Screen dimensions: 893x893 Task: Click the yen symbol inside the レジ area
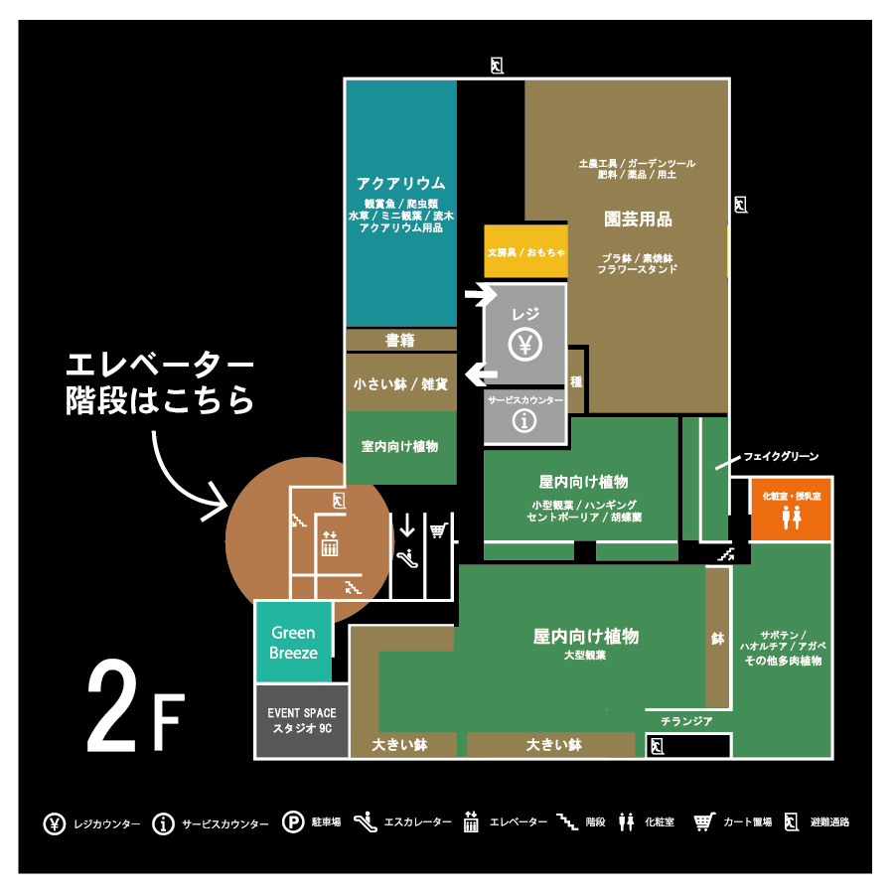(x=525, y=345)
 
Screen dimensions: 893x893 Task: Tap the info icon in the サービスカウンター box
(x=523, y=421)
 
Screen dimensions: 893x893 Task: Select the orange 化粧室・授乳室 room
(x=791, y=510)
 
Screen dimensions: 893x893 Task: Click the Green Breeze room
(x=294, y=642)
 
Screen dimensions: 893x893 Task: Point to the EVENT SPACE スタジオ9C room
(x=302, y=721)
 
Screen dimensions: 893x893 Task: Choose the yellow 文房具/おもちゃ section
(x=525, y=251)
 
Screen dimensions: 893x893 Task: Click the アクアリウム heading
(x=401, y=184)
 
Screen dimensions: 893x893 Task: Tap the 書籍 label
(x=399, y=340)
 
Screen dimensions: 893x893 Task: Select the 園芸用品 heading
(x=638, y=220)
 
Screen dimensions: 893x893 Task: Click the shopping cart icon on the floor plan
(x=438, y=530)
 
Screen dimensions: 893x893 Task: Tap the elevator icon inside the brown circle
(x=330, y=543)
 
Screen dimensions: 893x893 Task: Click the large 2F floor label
(x=136, y=705)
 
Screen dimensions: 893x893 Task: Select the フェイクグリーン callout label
(x=781, y=456)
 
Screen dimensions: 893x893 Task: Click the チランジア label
(x=686, y=721)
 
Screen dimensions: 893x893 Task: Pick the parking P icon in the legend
(x=293, y=822)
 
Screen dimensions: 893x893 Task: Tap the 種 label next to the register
(x=576, y=381)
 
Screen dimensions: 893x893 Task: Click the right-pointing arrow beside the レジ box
(x=481, y=294)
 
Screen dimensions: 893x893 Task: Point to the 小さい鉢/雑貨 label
(x=400, y=384)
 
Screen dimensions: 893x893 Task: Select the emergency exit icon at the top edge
(x=498, y=66)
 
